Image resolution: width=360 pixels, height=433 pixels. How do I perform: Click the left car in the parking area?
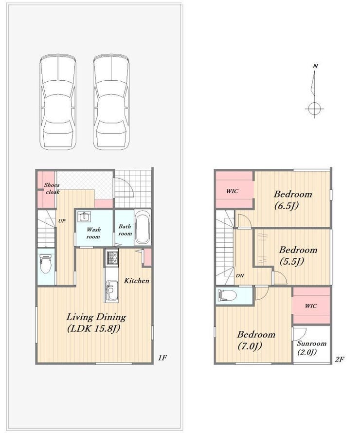[58, 102]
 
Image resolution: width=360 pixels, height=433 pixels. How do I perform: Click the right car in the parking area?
[111, 102]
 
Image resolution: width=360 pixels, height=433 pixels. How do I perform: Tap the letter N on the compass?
[316, 66]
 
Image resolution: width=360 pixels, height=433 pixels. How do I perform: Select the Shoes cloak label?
[52, 188]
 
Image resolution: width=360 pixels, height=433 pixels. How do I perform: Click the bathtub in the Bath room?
[143, 228]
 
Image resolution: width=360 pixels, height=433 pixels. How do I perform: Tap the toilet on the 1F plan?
[46, 263]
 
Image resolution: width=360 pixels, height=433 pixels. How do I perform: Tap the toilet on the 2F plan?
[227, 295]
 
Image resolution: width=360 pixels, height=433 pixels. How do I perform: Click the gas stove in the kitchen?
[111, 258]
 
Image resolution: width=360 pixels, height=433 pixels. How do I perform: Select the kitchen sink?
[111, 289]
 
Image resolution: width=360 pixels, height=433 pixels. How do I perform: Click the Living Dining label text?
[96, 317]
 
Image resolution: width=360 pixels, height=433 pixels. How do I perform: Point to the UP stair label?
[62, 221]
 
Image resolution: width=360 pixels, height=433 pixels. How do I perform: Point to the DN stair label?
[240, 275]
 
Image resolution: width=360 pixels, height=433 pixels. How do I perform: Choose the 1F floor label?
[162, 358]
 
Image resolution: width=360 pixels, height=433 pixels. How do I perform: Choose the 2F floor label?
[339, 359]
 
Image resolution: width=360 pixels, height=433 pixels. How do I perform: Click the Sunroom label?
[312, 343]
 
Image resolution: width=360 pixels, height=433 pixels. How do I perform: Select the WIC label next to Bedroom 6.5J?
[232, 191]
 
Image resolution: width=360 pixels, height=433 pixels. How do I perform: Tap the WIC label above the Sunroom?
[311, 306]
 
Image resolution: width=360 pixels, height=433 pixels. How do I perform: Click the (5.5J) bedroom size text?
[292, 261]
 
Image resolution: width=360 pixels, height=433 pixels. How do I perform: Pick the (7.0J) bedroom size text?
[250, 346]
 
